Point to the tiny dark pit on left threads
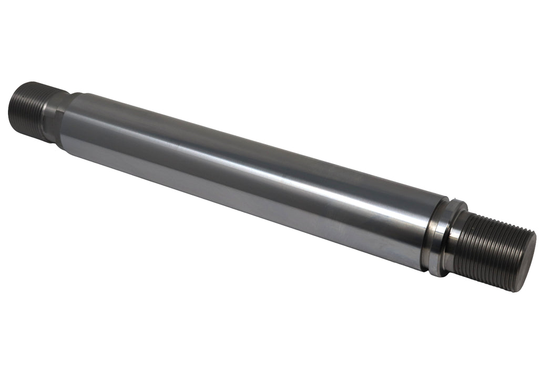click(x=21, y=113)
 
